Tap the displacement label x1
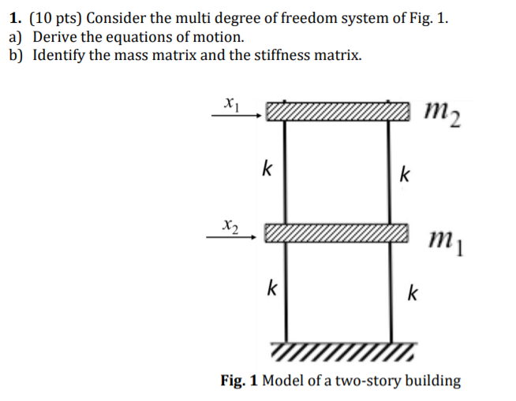click(x=230, y=102)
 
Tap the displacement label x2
click(x=230, y=224)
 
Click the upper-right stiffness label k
click(x=404, y=173)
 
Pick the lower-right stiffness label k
click(x=412, y=294)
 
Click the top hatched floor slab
click(x=338, y=111)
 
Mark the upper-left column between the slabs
click(x=285, y=169)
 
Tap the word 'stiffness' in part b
click(x=273, y=56)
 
